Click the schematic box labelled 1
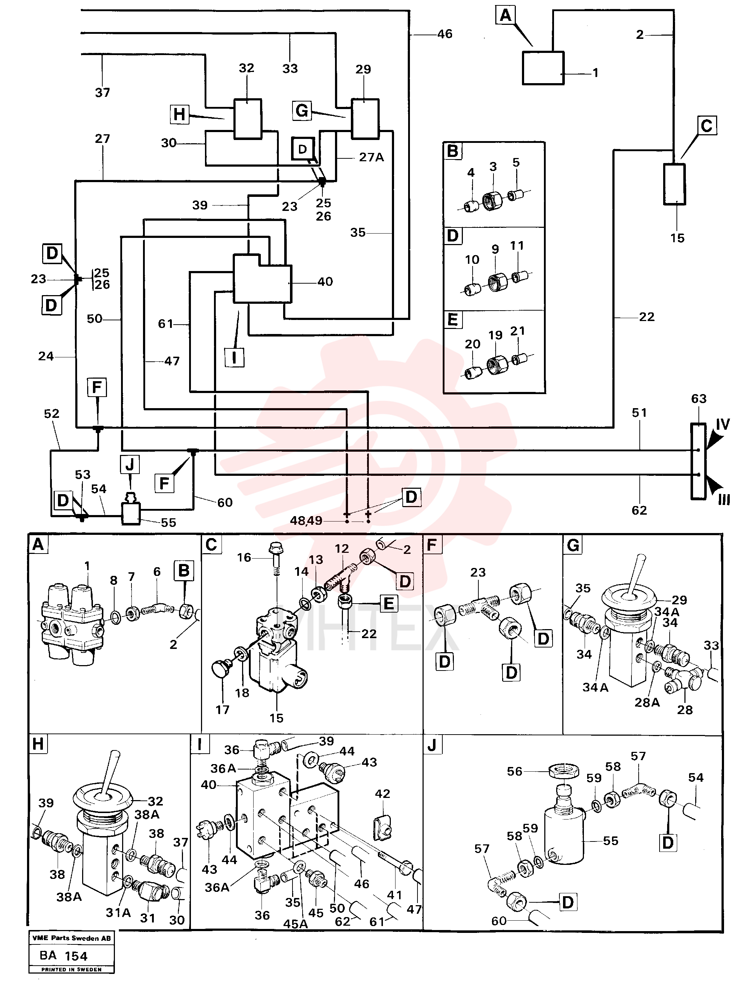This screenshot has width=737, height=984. click(543, 68)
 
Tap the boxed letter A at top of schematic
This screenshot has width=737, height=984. click(505, 15)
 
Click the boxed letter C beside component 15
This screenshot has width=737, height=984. click(706, 126)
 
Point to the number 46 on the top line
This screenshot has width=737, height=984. click(445, 34)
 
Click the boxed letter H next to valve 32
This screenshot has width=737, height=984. click(179, 114)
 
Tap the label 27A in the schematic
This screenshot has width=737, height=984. click(371, 157)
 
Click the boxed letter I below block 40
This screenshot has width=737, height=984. click(234, 357)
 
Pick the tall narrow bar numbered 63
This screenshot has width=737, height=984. click(698, 461)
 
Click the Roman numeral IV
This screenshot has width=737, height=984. click(722, 424)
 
